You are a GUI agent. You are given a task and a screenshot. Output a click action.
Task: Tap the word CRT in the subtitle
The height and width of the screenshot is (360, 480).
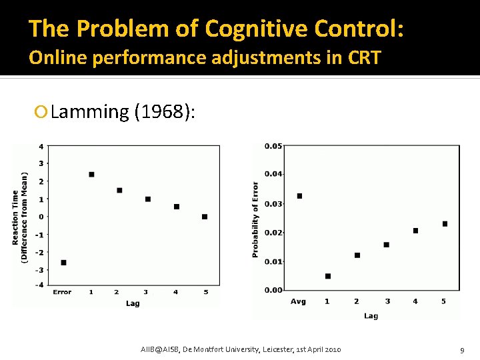point(363,57)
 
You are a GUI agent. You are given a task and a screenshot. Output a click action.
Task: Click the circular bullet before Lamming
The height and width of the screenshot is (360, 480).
point(44,111)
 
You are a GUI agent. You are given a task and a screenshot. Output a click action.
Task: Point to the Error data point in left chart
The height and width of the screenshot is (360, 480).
point(63,263)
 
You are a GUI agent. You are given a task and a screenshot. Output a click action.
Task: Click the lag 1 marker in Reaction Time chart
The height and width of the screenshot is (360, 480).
point(91,175)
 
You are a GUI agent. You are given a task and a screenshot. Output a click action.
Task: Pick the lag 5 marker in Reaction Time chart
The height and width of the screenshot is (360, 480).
point(205,217)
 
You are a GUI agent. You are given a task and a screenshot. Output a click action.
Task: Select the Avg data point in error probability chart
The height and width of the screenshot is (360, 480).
point(299,196)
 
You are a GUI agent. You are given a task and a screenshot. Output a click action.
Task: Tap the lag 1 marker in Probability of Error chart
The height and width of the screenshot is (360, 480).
point(328,276)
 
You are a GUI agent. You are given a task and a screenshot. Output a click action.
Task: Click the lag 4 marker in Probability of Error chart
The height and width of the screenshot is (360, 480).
point(415,231)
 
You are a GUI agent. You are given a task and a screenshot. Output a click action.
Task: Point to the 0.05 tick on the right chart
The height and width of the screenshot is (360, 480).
point(273,146)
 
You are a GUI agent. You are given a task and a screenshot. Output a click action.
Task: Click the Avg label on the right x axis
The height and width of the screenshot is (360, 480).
point(298,301)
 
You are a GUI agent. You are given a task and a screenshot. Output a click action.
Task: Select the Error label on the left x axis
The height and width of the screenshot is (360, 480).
point(62,292)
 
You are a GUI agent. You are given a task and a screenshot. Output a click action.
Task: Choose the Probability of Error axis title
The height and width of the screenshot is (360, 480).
point(256,219)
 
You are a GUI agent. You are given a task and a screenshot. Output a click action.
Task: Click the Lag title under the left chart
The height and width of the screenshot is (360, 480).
point(133,303)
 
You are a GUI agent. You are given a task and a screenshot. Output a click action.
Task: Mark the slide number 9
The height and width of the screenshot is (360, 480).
point(461,350)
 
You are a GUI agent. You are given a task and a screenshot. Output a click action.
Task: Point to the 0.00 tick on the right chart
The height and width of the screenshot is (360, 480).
point(273,290)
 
